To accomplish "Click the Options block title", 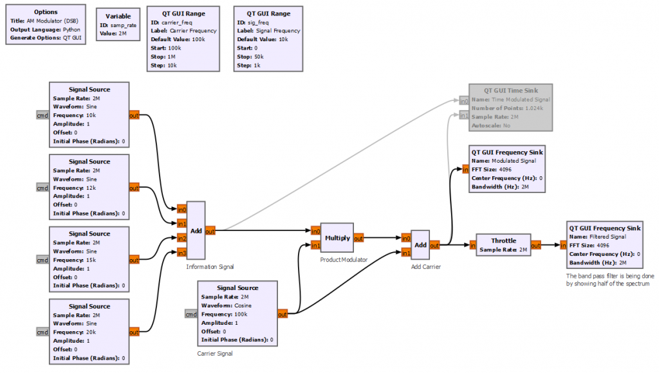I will [x=46, y=12].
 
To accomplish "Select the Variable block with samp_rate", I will [x=118, y=24].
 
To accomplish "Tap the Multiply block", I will [x=337, y=238].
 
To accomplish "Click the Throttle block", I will [x=504, y=244].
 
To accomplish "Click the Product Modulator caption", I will [x=344, y=260].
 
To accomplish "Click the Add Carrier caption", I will [x=425, y=266].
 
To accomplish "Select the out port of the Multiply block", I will [x=358, y=238].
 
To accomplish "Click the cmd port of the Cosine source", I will [x=191, y=314].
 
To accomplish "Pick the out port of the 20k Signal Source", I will [x=134, y=332].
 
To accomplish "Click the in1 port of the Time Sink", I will [x=463, y=115].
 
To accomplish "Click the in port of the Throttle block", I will [x=472, y=245].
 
